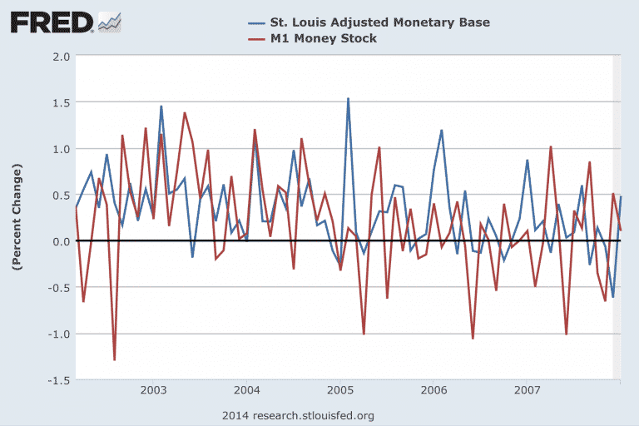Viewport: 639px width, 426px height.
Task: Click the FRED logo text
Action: click(x=52, y=22)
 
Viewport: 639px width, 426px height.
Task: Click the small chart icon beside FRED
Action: click(x=109, y=22)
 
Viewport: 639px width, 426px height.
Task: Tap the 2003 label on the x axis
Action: click(x=153, y=389)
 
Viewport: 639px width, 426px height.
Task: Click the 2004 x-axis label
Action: click(x=246, y=389)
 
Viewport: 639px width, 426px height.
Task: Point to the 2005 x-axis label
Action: click(x=339, y=389)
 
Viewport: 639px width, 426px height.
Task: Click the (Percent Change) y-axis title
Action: click(x=16, y=216)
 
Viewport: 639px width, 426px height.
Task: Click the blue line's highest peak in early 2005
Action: click(x=348, y=98)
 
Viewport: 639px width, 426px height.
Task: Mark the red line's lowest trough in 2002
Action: click(x=115, y=359)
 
